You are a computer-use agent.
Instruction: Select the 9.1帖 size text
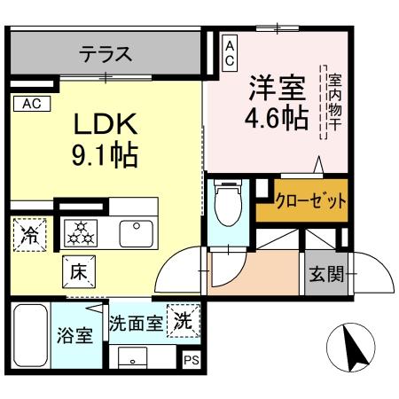point(104,158)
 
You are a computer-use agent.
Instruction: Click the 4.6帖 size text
point(276,118)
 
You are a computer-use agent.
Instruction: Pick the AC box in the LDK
point(31,104)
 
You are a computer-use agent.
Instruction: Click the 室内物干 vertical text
point(335,102)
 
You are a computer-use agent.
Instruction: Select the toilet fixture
point(228,207)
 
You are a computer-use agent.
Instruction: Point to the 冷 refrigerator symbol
point(31,237)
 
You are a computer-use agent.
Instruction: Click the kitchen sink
point(137,232)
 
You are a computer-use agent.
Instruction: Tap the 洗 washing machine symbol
point(183,319)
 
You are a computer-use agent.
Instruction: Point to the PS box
point(191,360)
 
